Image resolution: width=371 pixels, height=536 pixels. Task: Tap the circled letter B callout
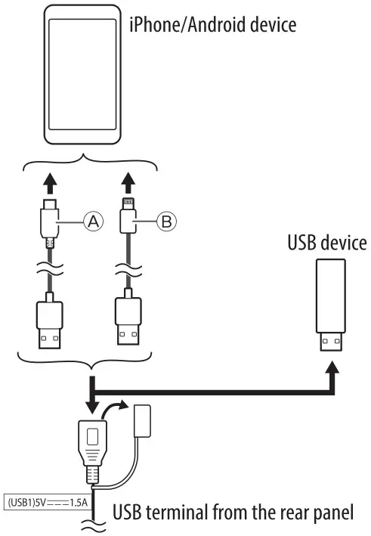click(165, 221)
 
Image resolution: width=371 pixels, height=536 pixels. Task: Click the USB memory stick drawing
click(329, 307)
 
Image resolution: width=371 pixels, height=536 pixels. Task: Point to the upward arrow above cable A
click(50, 184)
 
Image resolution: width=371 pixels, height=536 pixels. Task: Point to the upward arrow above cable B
click(128, 184)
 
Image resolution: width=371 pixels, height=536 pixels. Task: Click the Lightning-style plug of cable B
click(128, 219)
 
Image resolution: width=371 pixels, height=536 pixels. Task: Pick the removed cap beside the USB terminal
click(143, 420)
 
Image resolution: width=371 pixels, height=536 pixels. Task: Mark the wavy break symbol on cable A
click(50, 270)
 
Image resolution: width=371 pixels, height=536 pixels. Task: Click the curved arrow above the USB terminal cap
click(115, 409)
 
